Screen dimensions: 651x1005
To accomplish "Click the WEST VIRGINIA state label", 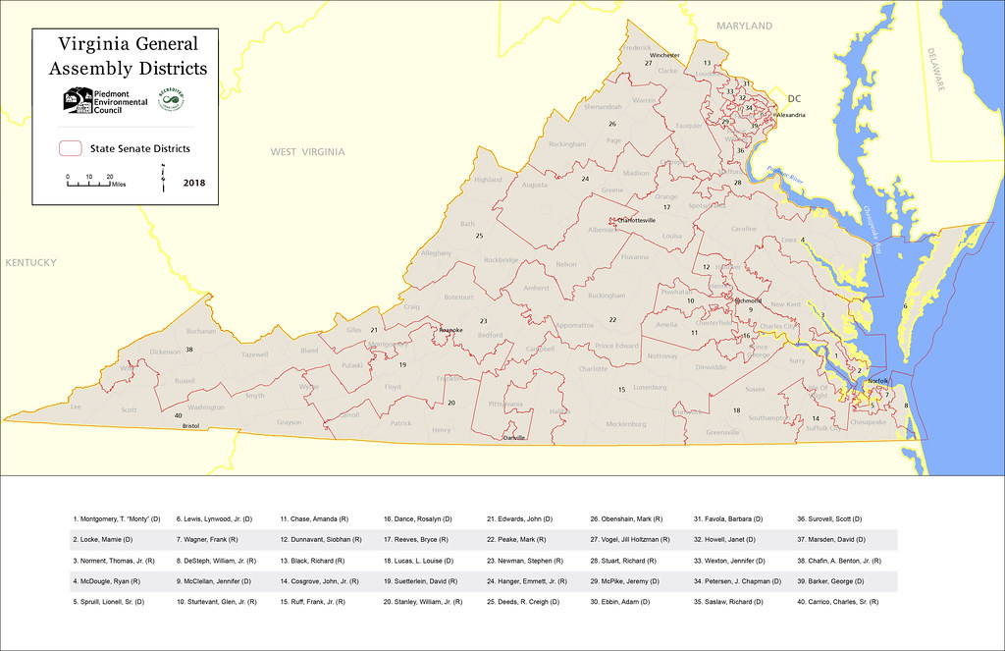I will pos(308,152).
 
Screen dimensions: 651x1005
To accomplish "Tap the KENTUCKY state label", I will pos(30,263).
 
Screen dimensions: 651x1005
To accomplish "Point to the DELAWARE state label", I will pos(939,72).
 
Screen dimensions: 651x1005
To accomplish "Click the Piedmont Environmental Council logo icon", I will pos(78,100).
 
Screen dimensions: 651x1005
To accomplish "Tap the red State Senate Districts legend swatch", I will pos(70,148).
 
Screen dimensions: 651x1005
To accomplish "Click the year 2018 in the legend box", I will pos(194,182).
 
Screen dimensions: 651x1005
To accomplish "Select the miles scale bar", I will pos(88,183).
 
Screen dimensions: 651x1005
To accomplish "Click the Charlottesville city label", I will pos(634,221).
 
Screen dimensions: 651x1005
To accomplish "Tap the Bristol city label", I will pos(190,426).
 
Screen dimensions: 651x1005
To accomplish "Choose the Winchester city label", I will pos(664,56).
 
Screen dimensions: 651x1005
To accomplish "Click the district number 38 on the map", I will pos(189,350).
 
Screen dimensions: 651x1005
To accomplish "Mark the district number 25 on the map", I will pos(479,236).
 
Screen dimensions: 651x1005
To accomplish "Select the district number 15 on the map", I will pos(621,390).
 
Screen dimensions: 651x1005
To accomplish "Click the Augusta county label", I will pos(535,185).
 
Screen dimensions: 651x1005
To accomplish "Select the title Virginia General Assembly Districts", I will pos(128,56).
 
